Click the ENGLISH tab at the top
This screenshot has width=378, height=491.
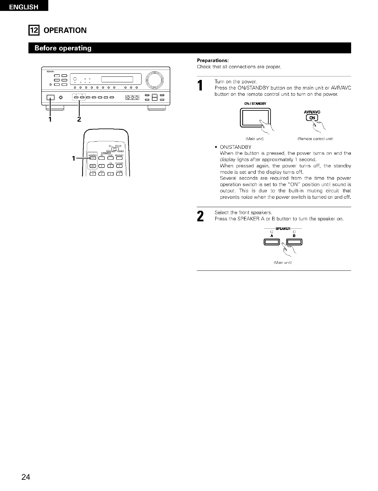click(24, 7)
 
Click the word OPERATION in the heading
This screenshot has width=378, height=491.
click(65, 30)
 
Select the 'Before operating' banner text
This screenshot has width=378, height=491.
click(63, 48)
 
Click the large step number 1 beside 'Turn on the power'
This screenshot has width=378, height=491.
click(201, 86)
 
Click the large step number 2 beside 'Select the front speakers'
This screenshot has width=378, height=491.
click(201, 216)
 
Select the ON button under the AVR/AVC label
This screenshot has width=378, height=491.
click(312, 118)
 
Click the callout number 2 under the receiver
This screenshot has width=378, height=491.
click(79, 119)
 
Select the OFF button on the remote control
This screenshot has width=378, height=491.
click(93, 166)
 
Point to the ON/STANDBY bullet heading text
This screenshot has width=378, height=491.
click(236, 147)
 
